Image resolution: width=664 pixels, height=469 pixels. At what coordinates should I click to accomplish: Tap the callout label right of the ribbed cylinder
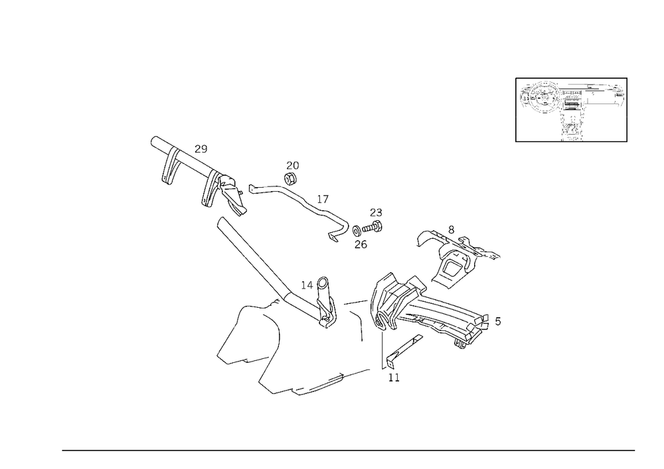coord(499,322)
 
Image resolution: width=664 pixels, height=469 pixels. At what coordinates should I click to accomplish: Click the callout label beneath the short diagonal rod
coord(392,376)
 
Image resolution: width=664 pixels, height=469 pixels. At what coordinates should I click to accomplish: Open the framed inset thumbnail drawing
coord(571,109)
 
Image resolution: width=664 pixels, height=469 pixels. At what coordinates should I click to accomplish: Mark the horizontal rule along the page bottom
coord(349,450)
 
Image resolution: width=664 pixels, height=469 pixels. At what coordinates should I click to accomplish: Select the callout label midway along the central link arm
coord(323,198)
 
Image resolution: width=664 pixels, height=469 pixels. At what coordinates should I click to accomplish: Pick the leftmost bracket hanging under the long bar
coord(169,170)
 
